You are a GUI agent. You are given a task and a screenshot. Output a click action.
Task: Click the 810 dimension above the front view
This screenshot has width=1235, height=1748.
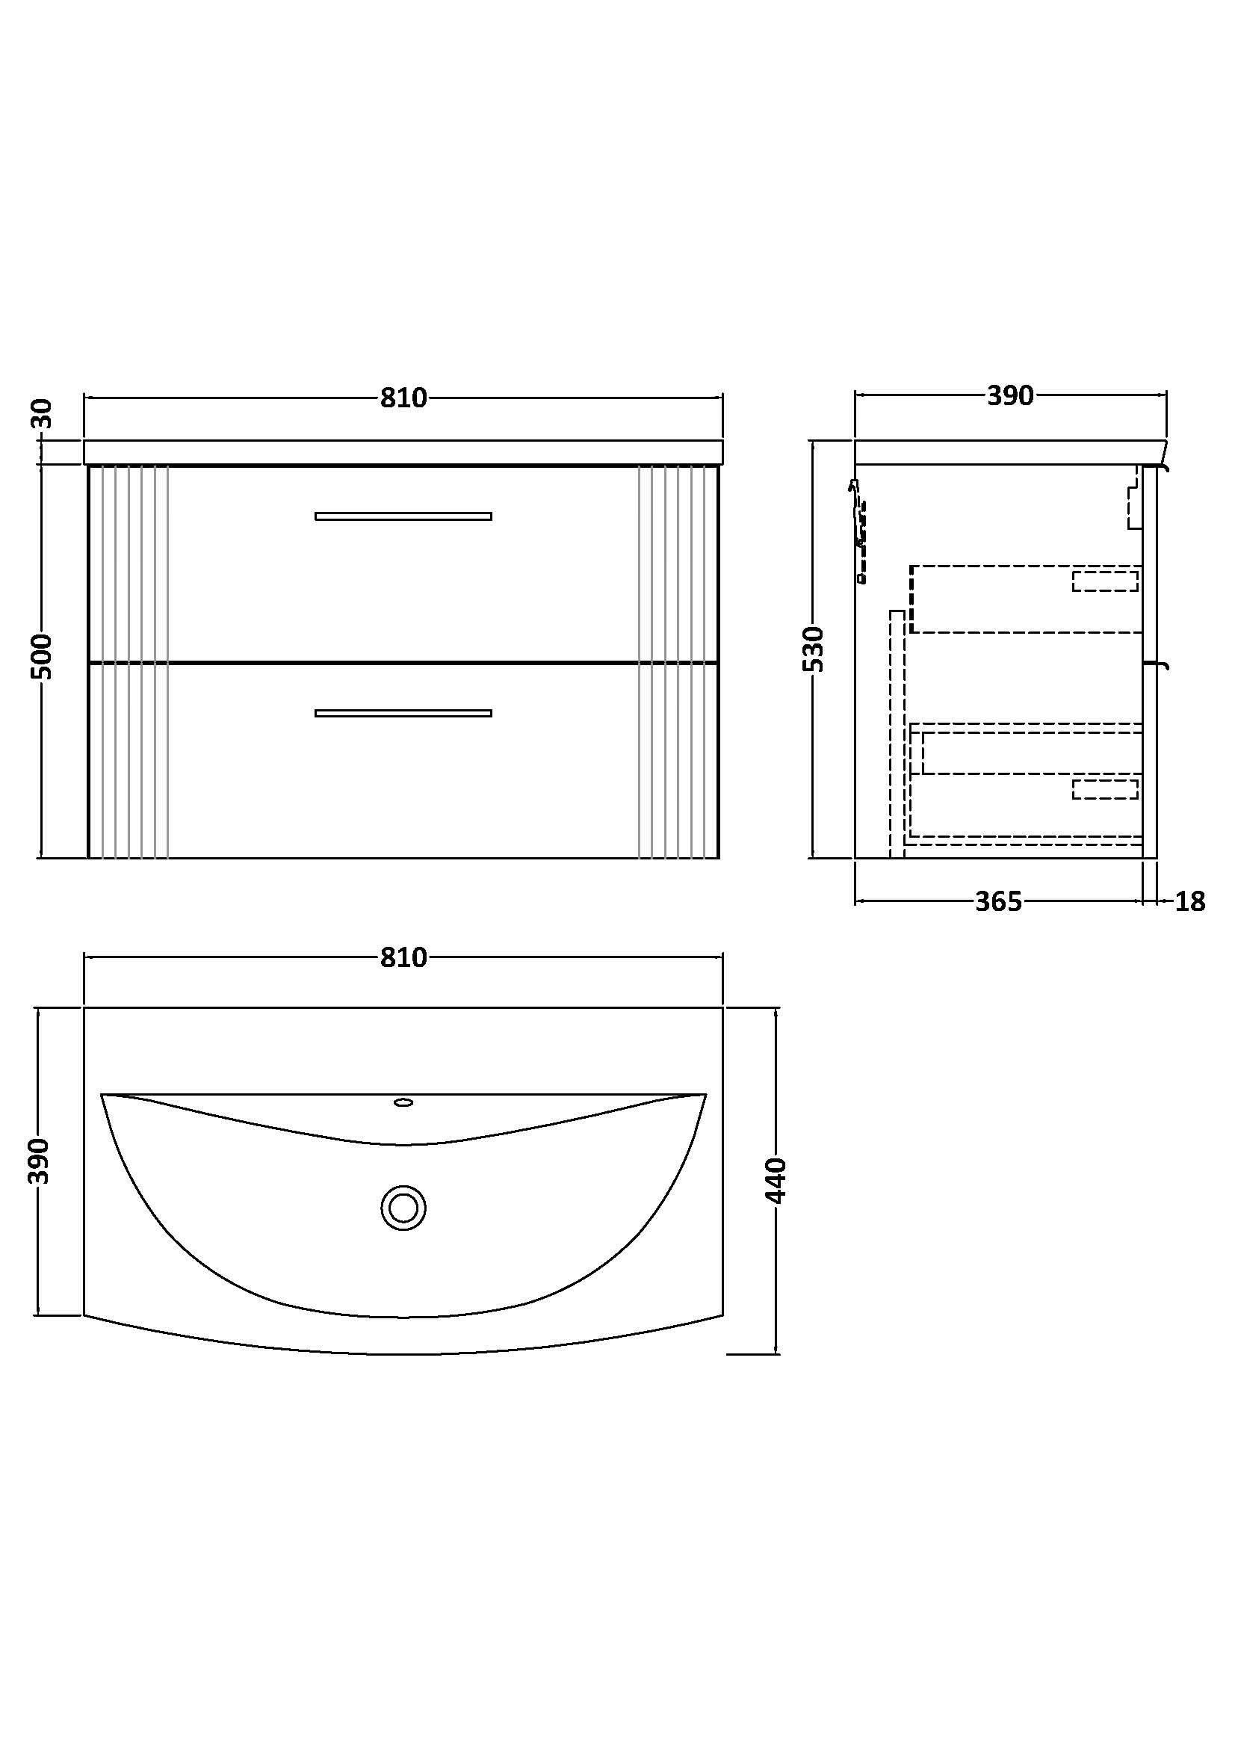[403, 398]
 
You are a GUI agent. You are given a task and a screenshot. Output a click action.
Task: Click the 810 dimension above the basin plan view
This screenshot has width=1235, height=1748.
[403, 957]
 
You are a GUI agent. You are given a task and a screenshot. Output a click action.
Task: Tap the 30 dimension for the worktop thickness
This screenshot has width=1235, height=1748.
[44, 413]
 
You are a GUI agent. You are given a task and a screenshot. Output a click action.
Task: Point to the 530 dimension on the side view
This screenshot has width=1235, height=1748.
[814, 649]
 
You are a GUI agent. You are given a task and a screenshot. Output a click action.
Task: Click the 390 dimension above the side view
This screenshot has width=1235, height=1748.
[1010, 396]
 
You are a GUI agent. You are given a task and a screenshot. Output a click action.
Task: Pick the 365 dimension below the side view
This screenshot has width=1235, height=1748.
[997, 901]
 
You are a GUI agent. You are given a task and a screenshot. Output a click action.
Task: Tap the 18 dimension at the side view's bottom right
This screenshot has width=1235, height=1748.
[1190, 901]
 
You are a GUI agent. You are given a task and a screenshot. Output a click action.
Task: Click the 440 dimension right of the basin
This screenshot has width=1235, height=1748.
[776, 1181]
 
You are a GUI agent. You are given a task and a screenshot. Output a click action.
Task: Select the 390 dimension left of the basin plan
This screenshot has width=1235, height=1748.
[39, 1162]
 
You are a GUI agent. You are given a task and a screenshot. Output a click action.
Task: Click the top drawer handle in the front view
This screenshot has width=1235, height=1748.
[403, 516]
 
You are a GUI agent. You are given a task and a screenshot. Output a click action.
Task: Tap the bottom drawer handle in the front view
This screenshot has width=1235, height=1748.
[403, 714]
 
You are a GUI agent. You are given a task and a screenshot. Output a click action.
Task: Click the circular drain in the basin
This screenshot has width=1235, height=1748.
[403, 1208]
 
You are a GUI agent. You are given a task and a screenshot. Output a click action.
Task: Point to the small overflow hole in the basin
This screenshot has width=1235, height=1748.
[403, 1102]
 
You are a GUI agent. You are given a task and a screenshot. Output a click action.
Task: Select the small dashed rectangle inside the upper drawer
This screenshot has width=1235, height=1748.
[1105, 581]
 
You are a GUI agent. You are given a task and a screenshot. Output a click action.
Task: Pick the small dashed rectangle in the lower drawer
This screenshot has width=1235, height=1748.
[1105, 789]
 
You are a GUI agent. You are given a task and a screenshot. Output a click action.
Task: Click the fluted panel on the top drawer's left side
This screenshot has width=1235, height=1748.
[128, 563]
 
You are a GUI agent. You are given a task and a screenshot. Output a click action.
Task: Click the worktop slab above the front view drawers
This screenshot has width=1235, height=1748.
[403, 452]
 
